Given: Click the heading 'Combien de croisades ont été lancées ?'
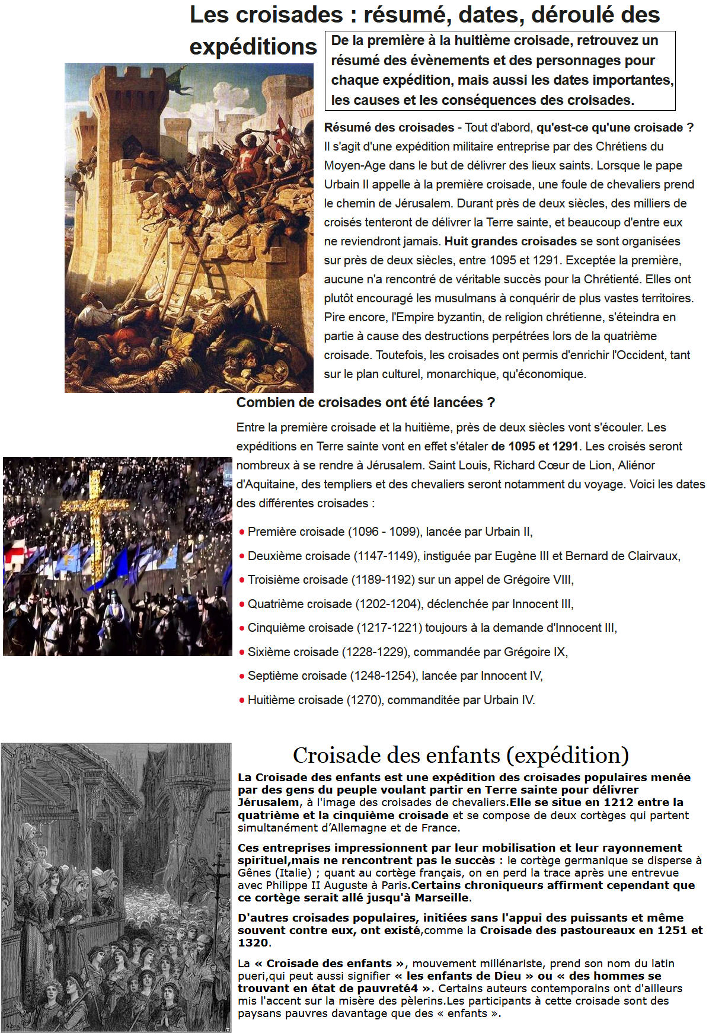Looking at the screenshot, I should click(x=365, y=402).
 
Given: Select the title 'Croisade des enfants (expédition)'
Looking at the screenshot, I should click(x=461, y=755).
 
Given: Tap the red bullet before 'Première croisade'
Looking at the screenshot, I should click(x=242, y=532).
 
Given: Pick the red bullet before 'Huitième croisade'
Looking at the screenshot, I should click(x=242, y=700).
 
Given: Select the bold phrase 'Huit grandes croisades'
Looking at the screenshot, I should click(x=510, y=241).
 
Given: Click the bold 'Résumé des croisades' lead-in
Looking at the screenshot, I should click(x=389, y=127).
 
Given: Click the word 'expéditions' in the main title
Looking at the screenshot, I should click(x=253, y=47).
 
